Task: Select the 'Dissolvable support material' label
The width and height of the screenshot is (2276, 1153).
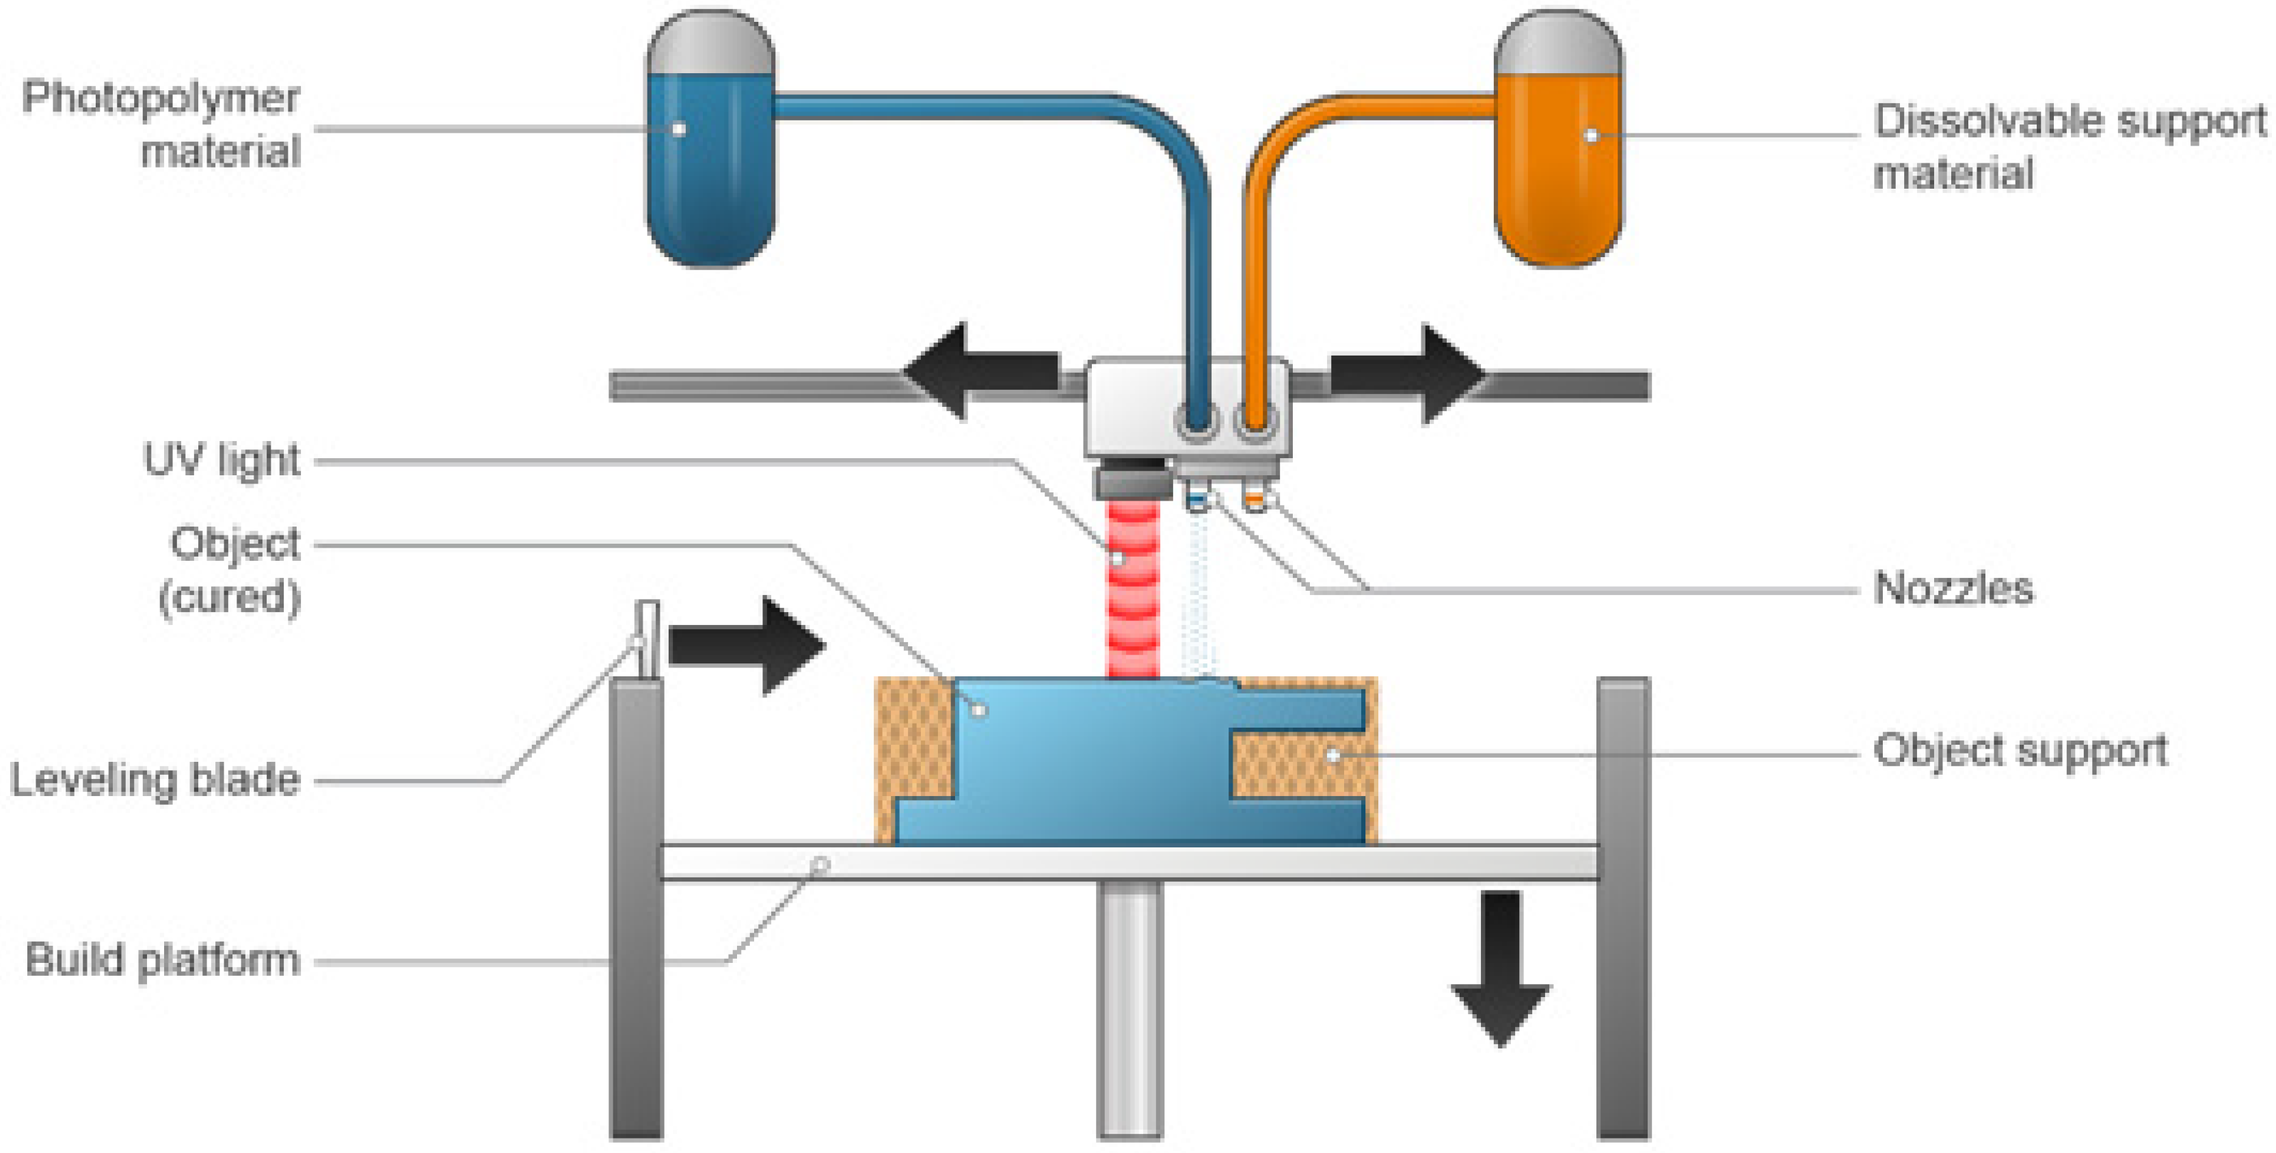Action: [2067, 146]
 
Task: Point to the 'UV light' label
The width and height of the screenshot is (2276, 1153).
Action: [222, 460]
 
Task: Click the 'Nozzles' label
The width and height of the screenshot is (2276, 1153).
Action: [1953, 588]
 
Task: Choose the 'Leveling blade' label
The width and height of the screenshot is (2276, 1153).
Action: [155, 780]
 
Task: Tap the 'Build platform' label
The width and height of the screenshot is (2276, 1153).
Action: [163, 960]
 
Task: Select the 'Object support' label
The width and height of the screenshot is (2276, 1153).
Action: [2020, 752]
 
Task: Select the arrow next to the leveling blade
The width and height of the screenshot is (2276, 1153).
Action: [747, 645]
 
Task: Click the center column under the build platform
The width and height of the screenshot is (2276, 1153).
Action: [1129, 1007]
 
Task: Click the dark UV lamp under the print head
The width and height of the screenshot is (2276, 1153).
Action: [1131, 481]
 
